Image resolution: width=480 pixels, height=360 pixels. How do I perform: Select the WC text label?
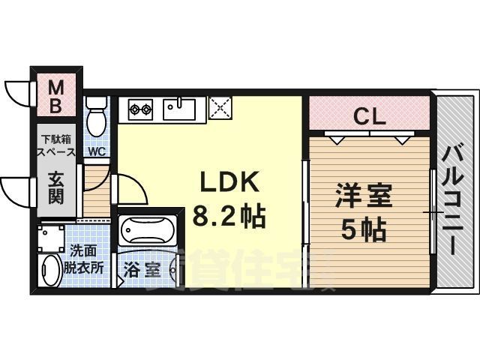coord(96,151)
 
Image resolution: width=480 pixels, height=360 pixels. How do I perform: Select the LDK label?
coord(228,184)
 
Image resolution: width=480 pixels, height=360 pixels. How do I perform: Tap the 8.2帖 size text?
coord(228,217)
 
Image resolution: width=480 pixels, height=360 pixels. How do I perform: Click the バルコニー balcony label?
coord(453,191)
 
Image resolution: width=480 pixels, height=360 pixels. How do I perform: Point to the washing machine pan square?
coord(50,238)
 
